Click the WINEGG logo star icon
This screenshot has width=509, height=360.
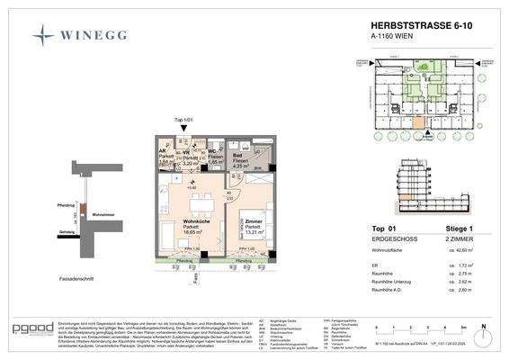pos(42,35)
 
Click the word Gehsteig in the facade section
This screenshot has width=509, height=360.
pos(67,231)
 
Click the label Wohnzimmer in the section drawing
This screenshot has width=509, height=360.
pos(103,214)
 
